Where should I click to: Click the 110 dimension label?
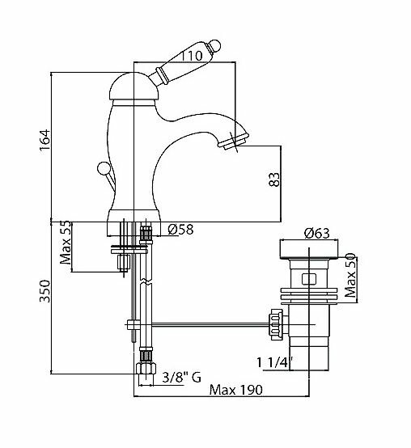pos(192,56)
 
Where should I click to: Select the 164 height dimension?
pos(45,140)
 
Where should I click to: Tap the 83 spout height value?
pos(274,180)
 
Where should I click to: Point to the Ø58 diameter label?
pos(180,229)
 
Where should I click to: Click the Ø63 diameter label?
pos(316,233)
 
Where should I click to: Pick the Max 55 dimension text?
pos(66,243)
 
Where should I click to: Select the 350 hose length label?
pos(44,291)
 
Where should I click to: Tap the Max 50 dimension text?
pos(350,276)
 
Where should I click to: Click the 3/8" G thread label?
pos(182,377)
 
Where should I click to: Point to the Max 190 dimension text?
pos(235,390)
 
